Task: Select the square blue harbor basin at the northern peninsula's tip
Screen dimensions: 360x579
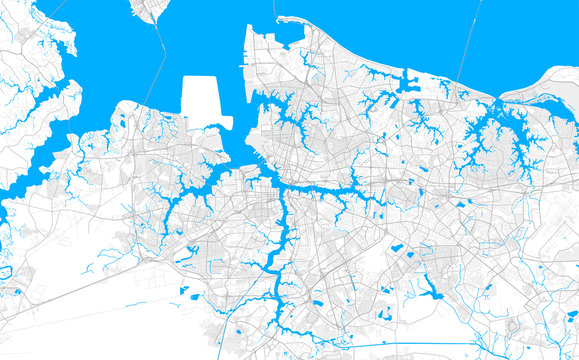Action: [x=289, y=32]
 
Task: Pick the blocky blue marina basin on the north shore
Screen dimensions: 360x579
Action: [x=411, y=84]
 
